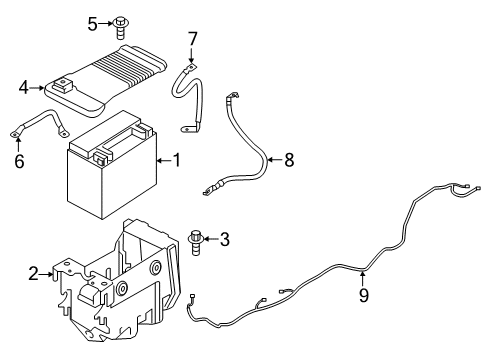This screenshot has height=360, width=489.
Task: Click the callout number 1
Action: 177,160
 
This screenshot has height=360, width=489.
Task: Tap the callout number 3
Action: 224,239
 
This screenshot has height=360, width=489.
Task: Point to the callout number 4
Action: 23,88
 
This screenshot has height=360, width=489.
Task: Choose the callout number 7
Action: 193,39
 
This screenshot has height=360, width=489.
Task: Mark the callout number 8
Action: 289,160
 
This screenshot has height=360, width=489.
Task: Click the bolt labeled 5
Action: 121,23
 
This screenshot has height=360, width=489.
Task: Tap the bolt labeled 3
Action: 197,240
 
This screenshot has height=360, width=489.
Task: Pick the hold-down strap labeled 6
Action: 40,124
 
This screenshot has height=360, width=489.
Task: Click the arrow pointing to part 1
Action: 162,160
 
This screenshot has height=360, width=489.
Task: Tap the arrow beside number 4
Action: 38,88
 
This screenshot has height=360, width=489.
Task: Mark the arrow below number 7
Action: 193,57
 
